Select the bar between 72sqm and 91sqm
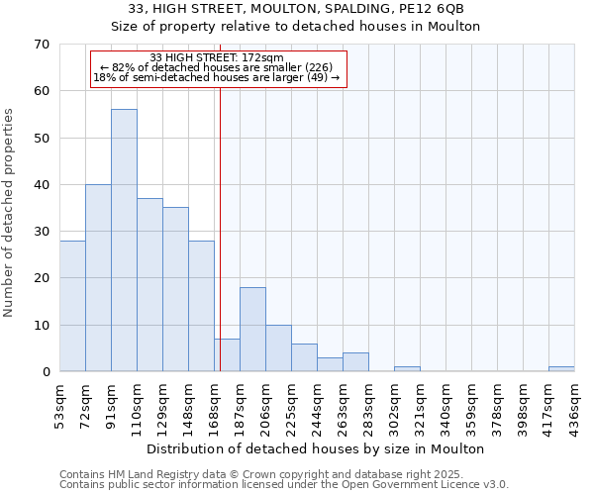(98, 278)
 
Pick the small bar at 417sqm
(561, 369)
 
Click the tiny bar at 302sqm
(407, 369)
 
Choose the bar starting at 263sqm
(355, 362)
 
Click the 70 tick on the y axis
(42, 45)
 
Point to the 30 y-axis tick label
(42, 232)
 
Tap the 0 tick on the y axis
(46, 372)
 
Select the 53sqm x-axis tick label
(60, 404)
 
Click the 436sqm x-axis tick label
(575, 404)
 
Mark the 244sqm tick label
(318, 404)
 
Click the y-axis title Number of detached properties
(10, 213)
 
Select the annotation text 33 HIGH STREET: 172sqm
(218, 57)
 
